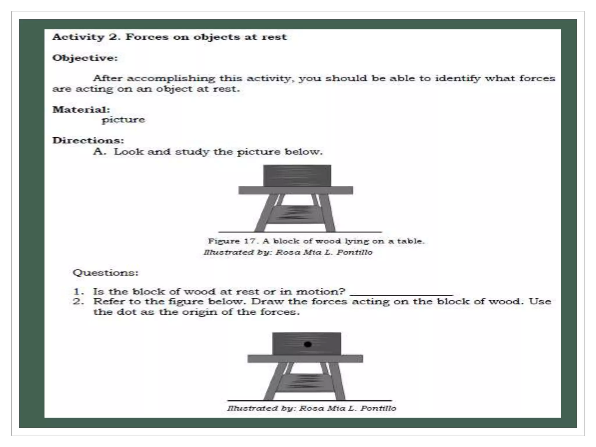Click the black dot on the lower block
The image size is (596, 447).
[308, 344]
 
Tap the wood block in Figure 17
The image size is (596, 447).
[297, 175]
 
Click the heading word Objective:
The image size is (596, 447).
[85, 58]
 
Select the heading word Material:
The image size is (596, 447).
[81, 109]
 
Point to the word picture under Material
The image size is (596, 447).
[123, 120]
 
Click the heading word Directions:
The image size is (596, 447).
[88, 140]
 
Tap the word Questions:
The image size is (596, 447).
[105, 273]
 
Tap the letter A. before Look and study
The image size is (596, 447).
[99, 151]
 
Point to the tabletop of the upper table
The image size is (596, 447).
[295, 190]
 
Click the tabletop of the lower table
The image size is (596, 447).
[305, 359]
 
